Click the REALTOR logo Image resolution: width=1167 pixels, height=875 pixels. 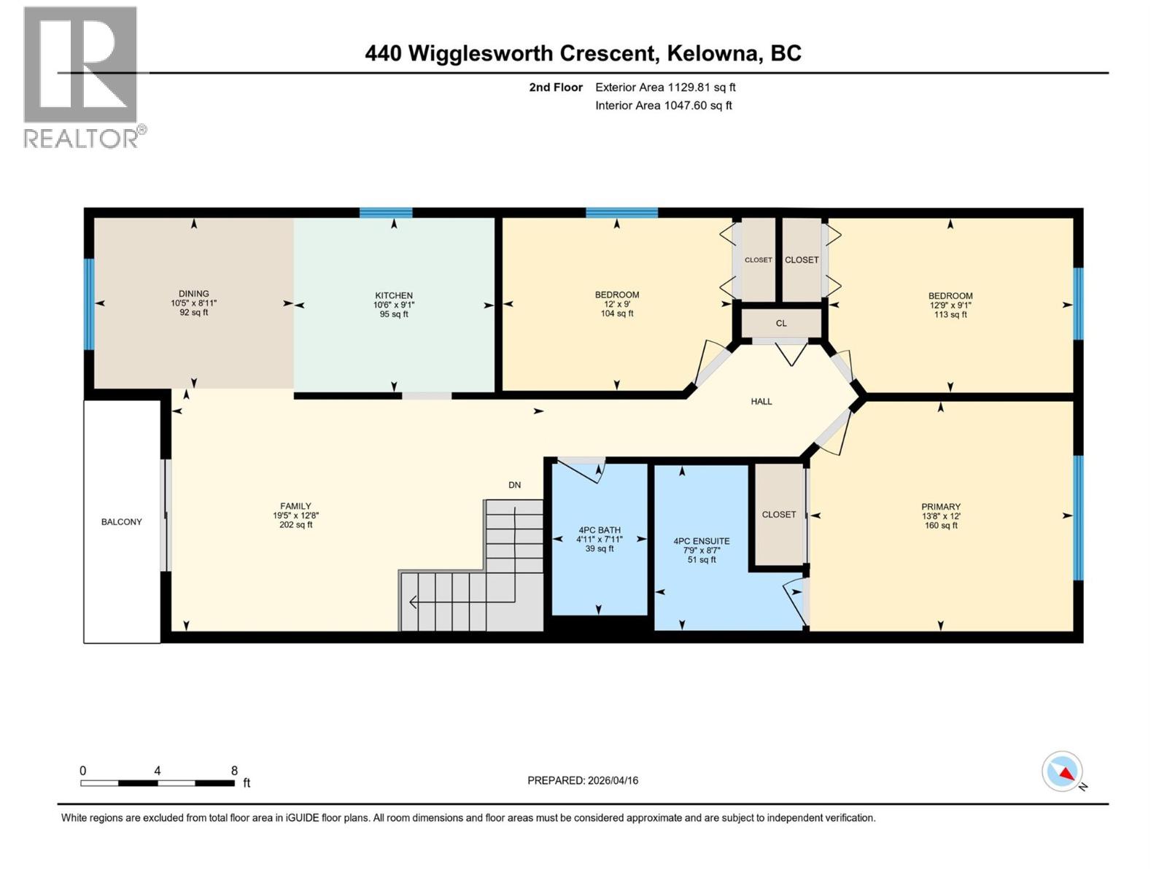click(81, 76)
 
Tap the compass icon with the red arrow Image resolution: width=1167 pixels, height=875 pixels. click(1062, 771)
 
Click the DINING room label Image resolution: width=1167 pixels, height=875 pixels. click(194, 294)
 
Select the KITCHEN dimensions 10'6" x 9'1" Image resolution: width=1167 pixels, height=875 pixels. click(394, 305)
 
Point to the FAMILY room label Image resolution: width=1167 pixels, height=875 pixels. click(295, 506)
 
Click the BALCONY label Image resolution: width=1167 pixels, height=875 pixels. click(122, 522)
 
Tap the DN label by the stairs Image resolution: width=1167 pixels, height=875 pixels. click(515, 485)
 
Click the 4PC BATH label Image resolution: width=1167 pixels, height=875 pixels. click(600, 530)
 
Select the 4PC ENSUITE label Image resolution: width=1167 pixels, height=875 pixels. click(702, 541)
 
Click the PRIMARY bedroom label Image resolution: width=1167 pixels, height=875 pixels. click(941, 507)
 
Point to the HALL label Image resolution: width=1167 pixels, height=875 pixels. click(761, 402)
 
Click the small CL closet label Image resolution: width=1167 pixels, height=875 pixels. click(781, 323)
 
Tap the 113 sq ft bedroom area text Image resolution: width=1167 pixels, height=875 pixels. click(950, 315)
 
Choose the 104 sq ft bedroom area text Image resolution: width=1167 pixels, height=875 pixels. click(617, 314)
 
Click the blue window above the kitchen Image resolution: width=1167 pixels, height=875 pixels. click(386, 213)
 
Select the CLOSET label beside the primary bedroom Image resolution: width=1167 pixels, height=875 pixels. click(779, 515)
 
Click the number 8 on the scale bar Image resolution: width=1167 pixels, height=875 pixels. click(234, 771)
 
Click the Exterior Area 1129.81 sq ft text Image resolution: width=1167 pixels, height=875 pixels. click(665, 87)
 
